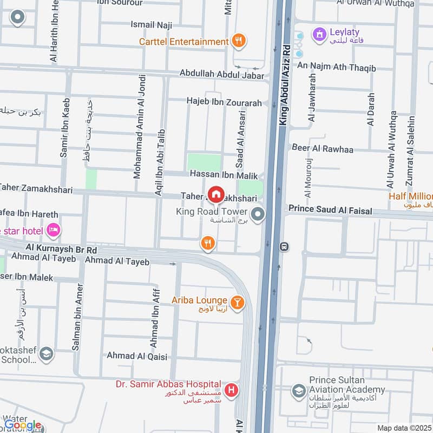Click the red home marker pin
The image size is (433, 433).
216,194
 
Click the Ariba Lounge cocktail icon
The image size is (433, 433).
237,302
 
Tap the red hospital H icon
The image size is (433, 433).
232,390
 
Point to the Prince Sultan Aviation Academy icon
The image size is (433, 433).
298,390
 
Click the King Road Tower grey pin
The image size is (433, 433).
258,216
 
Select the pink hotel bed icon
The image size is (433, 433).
53,231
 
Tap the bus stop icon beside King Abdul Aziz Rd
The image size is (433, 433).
284,246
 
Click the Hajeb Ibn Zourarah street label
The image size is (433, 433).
224,102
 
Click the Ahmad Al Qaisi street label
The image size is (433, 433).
137,356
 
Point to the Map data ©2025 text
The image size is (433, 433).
403,428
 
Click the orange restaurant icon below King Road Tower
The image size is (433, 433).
207,244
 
